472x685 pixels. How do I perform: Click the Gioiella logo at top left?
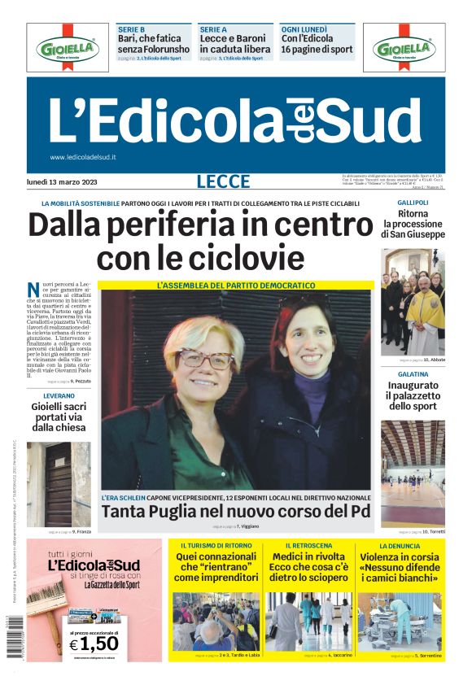pyautogui.click(x=67, y=48)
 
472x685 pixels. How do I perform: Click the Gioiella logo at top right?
pyautogui.click(x=404, y=48)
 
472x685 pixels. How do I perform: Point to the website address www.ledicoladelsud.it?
pyautogui.click(x=83, y=157)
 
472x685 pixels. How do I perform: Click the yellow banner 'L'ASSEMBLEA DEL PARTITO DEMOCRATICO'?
pyautogui.click(x=235, y=286)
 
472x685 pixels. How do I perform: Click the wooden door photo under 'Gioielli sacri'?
pyautogui.click(x=59, y=483)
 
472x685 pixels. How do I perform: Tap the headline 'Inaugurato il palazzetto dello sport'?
pyautogui.click(x=413, y=395)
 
